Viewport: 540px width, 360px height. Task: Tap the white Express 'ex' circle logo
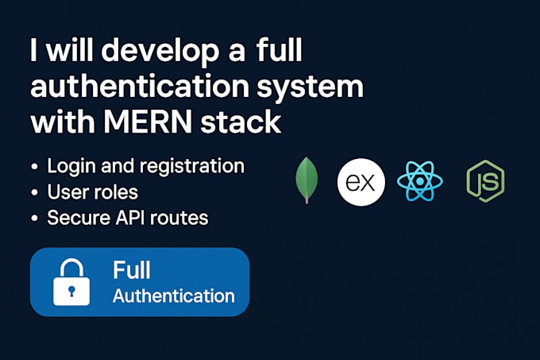[361, 182]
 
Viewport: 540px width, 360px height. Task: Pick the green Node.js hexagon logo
[485, 181]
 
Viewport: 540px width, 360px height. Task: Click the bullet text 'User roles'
[93, 192]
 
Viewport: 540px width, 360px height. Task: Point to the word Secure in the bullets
[76, 218]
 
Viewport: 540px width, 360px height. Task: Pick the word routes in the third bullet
[179, 219]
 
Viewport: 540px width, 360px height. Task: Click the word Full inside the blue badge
[132, 270]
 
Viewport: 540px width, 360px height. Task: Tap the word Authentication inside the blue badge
[173, 296]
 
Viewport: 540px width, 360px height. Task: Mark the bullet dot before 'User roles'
[36, 193]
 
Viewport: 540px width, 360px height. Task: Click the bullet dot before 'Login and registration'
[36, 168]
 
